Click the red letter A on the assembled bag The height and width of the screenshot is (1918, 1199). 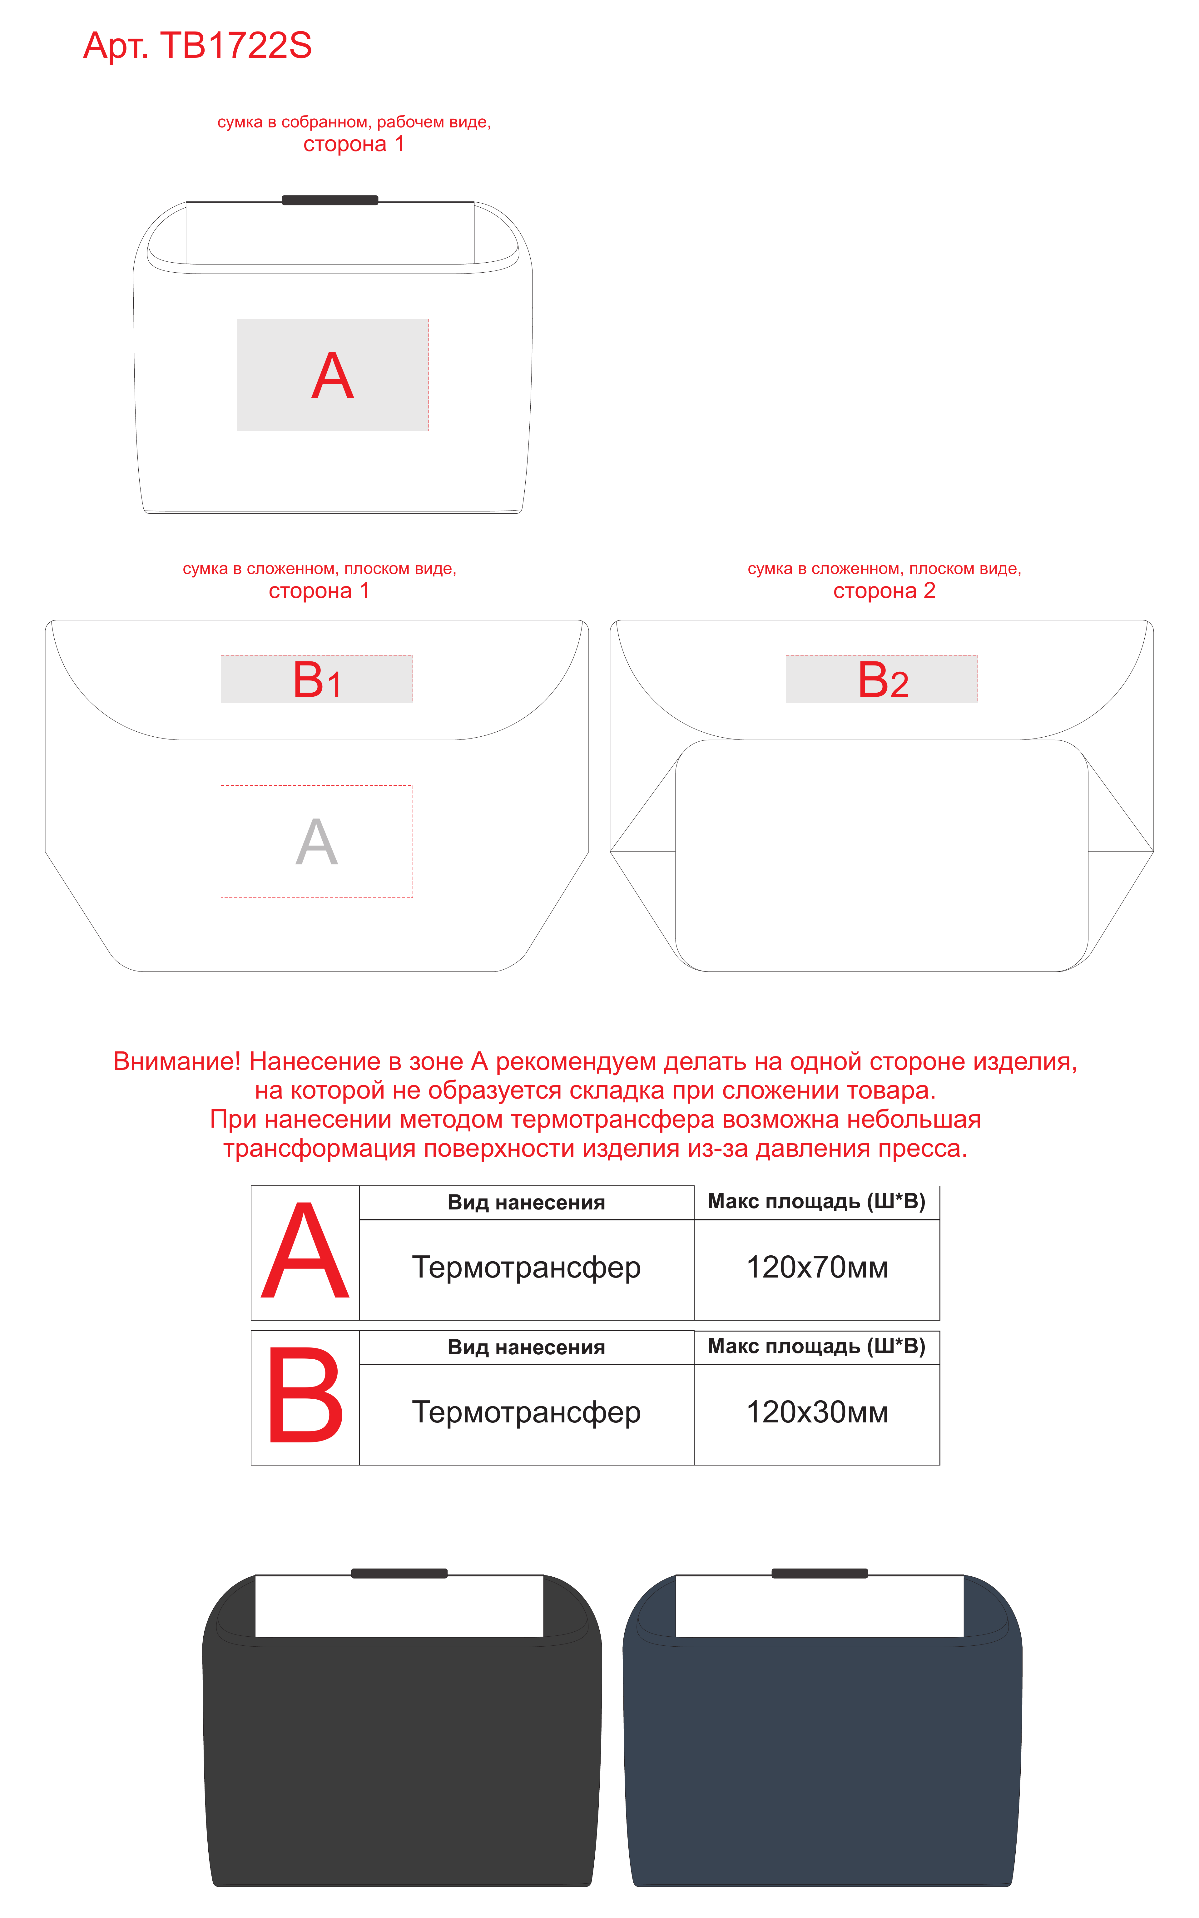click(332, 376)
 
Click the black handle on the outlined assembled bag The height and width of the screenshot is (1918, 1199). click(330, 200)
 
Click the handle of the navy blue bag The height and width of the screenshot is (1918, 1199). click(820, 1573)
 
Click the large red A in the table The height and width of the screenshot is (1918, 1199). click(305, 1251)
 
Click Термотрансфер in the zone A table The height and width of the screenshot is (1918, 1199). click(527, 1267)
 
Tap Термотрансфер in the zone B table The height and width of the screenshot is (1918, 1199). click(527, 1412)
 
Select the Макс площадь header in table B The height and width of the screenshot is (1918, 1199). click(817, 1346)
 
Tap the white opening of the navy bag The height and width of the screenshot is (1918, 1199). click(819, 1606)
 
